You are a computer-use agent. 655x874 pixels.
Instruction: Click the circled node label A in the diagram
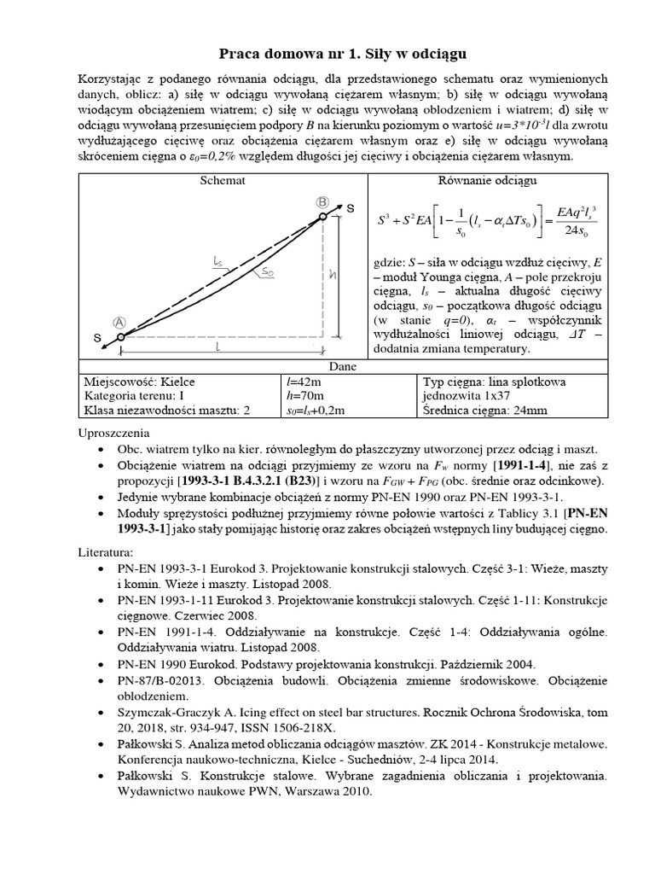pos(119,322)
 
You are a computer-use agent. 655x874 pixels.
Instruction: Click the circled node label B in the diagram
pos(322,201)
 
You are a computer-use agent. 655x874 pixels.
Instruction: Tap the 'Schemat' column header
pos(223,180)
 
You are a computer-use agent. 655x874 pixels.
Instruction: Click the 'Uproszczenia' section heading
pos(113,433)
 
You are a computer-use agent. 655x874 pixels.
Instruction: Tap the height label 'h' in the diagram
pos(333,276)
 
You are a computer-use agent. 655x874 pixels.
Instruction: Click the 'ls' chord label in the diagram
pos(219,265)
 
